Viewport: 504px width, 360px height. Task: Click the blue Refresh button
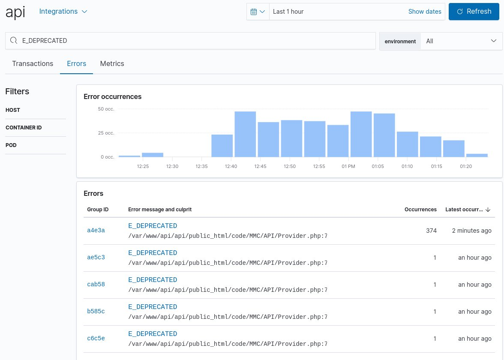474,12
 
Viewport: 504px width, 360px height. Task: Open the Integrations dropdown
63,12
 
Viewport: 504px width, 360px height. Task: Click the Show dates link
424,12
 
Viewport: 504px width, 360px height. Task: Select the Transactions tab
33,63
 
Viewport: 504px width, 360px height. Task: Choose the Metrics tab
112,63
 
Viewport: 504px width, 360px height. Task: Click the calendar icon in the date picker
257,12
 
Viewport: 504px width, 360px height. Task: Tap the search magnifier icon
13,41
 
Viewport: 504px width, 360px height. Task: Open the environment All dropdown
461,41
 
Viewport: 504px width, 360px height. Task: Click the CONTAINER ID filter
24,128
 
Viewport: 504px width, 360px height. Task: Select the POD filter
11,145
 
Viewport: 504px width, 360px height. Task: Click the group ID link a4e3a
96,231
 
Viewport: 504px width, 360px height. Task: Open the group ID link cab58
96,285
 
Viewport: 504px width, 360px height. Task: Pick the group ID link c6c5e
96,339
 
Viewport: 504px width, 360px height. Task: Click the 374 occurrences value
431,231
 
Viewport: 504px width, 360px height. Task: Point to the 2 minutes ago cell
471,231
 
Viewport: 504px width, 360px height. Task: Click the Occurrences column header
420,210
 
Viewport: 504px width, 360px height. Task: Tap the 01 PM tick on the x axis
348,166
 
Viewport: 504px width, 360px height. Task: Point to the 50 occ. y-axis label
106,109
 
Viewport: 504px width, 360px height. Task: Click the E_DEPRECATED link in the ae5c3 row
153,253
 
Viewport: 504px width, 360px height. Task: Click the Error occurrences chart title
112,96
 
